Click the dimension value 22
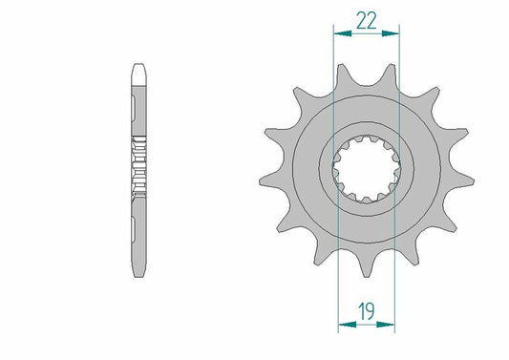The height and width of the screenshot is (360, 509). coord(364,19)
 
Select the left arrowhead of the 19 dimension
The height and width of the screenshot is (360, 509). coord(343,325)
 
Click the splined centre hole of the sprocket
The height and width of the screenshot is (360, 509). coord(364,166)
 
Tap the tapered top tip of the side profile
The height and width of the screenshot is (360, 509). coord(138,70)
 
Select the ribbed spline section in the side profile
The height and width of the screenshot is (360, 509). coord(138,166)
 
